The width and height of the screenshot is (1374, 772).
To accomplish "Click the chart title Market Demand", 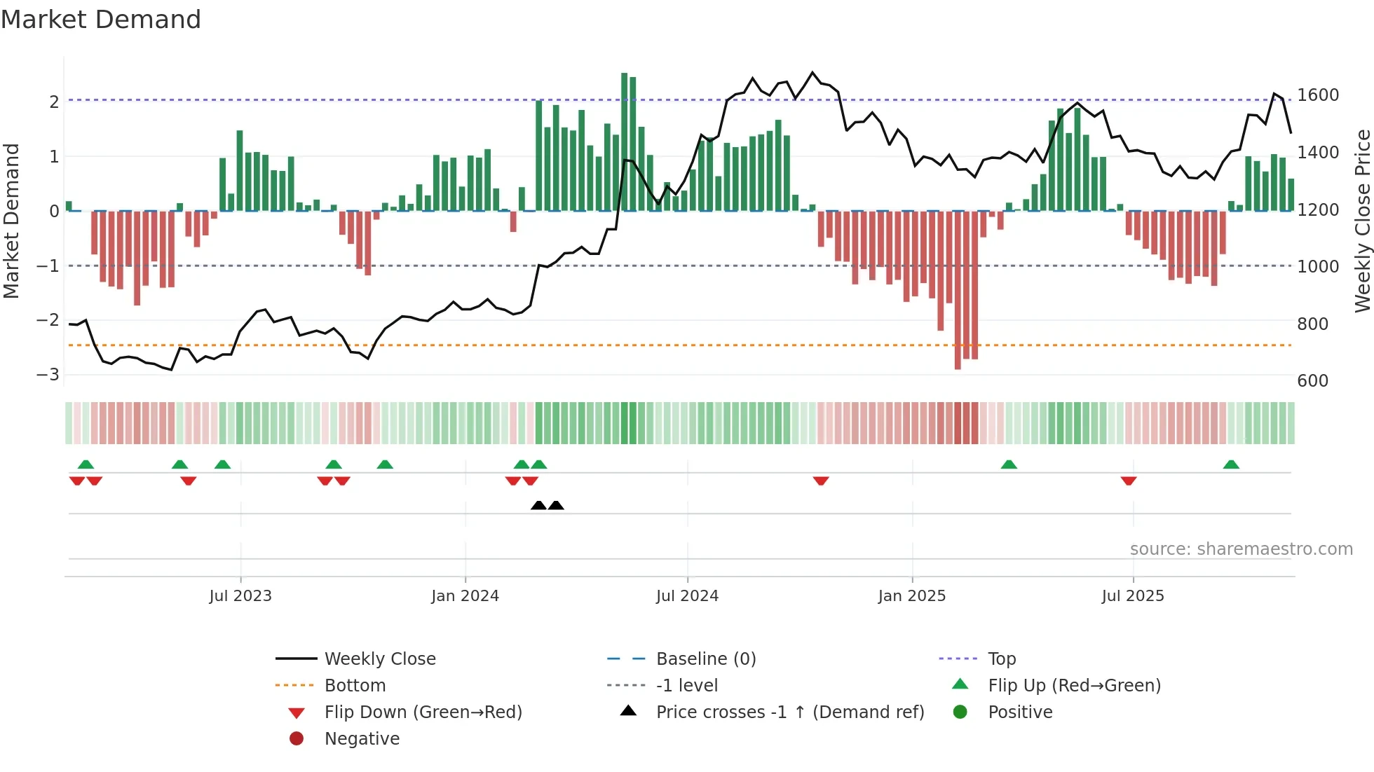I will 101,20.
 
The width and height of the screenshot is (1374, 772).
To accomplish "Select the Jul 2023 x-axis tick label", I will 240,596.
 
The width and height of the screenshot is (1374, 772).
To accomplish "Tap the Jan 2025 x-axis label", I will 911,596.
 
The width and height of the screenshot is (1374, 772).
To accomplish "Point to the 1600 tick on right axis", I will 1318,95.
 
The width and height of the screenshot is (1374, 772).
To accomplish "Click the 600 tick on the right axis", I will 1312,381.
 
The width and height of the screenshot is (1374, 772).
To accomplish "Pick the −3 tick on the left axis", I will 48,375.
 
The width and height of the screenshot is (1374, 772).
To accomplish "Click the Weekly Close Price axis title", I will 1362,221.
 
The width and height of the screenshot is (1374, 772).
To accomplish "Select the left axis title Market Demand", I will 11,221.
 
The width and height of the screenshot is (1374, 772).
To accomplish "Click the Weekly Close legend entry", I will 379,659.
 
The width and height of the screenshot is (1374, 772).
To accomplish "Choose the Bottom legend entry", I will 355,686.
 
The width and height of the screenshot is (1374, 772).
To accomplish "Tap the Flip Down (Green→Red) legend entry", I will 423,712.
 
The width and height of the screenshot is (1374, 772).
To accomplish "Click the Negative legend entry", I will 362,739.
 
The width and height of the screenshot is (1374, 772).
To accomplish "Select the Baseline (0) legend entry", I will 705,659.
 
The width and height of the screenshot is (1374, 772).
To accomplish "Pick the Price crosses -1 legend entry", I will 789,712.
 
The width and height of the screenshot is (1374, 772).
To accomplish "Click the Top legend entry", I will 1001,659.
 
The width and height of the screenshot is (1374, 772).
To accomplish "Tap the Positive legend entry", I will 1020,712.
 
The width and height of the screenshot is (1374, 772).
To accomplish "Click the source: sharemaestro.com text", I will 1241,549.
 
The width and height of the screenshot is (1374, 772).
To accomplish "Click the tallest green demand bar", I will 624,140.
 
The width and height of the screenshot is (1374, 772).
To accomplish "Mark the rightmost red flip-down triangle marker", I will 1129,481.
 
